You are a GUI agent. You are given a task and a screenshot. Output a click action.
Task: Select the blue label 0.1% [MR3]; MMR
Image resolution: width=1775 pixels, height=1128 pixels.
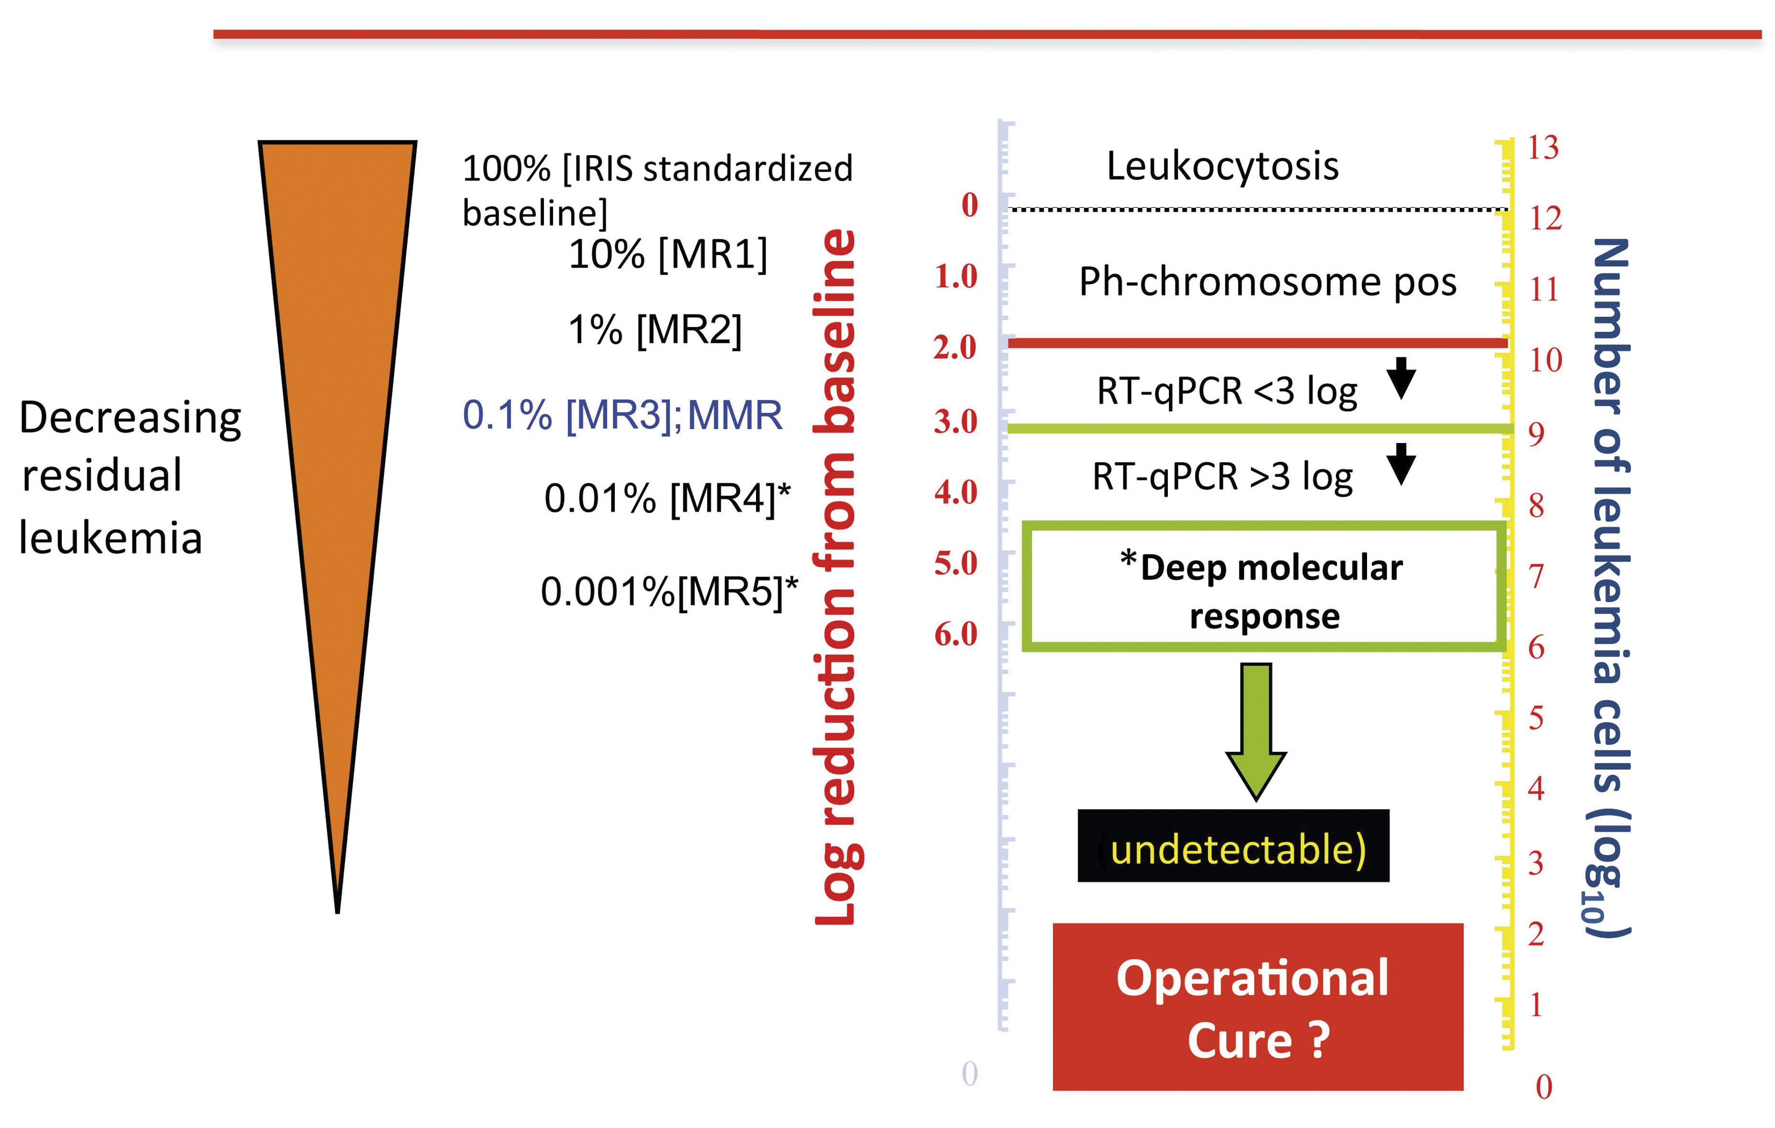(x=622, y=415)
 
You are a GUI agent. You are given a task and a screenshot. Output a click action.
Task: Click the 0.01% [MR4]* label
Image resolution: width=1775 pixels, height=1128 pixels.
(x=667, y=499)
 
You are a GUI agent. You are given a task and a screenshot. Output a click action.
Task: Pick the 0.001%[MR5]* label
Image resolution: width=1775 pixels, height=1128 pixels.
(x=668, y=591)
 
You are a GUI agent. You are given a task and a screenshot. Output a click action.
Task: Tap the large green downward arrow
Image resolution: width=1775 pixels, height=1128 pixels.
(x=1255, y=730)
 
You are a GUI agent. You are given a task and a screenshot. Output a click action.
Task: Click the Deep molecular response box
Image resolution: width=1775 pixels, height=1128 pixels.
(x=1264, y=588)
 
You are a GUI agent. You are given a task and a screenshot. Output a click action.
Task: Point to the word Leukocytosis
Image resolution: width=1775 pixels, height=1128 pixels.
(x=1222, y=166)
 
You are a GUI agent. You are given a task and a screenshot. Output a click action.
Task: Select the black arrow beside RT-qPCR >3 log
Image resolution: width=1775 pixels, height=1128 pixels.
(x=1401, y=464)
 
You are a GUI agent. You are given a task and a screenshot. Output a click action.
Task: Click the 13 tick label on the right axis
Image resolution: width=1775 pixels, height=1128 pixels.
(x=1543, y=148)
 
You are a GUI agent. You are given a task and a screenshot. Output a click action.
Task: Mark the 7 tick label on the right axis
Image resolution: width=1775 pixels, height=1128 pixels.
(x=1536, y=577)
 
